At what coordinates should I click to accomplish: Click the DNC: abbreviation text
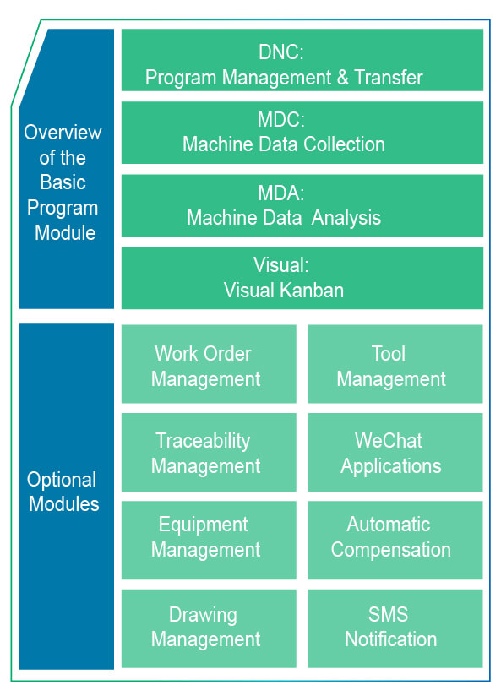click(281, 52)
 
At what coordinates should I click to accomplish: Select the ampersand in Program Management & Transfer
click(342, 78)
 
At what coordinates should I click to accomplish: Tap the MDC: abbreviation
click(281, 120)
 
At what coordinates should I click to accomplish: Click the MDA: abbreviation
click(281, 193)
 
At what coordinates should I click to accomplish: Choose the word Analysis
click(346, 218)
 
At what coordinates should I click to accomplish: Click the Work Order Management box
click(209, 364)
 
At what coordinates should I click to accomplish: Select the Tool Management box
click(395, 364)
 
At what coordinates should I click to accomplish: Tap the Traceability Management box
click(209, 452)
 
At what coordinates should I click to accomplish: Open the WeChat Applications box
click(395, 452)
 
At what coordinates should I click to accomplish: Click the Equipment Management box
click(209, 540)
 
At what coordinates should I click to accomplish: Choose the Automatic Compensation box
click(395, 540)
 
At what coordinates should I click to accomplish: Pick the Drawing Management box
click(209, 628)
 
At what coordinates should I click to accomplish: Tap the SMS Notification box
click(395, 628)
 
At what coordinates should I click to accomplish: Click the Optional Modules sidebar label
click(63, 492)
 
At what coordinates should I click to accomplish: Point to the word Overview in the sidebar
click(63, 133)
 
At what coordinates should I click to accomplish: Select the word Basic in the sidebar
click(63, 182)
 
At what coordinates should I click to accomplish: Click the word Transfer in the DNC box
click(388, 78)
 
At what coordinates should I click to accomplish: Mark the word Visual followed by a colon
click(281, 265)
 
